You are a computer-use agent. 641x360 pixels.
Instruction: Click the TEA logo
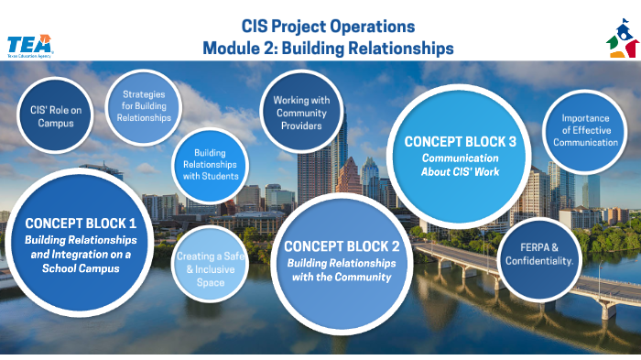click(29, 45)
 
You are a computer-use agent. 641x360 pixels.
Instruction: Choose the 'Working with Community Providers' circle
click(302, 113)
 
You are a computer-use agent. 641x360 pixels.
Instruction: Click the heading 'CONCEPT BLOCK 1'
click(81, 223)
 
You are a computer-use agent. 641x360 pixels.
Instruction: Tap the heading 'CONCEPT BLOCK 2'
click(342, 246)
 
